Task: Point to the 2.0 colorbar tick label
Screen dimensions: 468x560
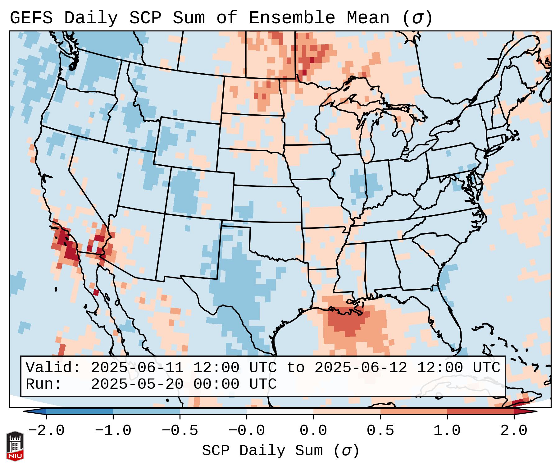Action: (x=514, y=431)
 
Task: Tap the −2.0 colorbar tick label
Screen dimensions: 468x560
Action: (x=46, y=431)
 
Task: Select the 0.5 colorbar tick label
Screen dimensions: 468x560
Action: (x=380, y=431)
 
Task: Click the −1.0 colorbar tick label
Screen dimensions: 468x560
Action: (x=113, y=431)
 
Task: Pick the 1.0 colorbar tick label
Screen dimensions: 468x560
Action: (x=447, y=431)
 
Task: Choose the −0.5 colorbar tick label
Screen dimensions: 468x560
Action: (x=180, y=431)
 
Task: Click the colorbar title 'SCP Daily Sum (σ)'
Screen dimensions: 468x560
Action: (x=280, y=451)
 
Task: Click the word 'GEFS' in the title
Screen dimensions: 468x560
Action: (x=31, y=18)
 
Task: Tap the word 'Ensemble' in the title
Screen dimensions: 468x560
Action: (x=292, y=18)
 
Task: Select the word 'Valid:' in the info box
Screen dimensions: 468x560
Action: (x=53, y=368)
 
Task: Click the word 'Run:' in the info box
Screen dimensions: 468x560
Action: (x=44, y=384)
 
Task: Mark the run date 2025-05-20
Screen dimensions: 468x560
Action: (x=137, y=384)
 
